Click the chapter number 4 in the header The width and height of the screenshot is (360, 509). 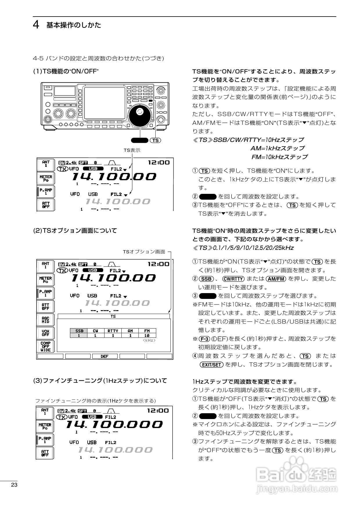point(36,25)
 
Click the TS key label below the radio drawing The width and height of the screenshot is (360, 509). point(156,140)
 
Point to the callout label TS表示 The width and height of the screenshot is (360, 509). point(132,150)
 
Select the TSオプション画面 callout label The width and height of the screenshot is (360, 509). point(144,252)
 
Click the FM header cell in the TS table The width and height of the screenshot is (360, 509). point(147,331)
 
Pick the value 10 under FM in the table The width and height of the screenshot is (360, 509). point(147,335)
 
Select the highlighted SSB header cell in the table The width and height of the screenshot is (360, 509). point(79,331)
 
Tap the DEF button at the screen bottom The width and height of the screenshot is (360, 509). point(105,356)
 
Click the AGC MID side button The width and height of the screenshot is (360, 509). point(46,320)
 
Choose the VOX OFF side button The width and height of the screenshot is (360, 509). point(46,333)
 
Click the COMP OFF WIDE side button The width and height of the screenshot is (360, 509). point(46,346)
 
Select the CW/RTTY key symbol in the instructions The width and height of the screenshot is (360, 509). point(233,279)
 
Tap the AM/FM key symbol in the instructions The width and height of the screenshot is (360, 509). point(276,279)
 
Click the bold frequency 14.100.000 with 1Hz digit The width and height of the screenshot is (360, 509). point(114,424)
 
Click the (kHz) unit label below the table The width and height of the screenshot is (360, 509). point(149,340)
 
